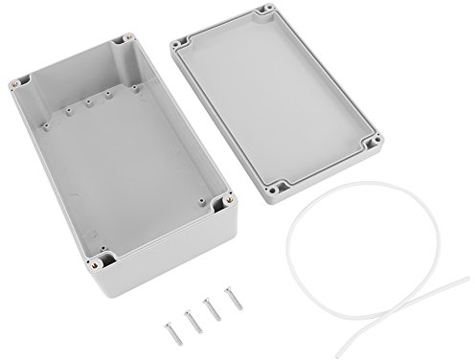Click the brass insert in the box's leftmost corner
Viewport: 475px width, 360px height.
click(x=19, y=83)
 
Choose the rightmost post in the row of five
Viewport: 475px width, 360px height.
click(x=134, y=87)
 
